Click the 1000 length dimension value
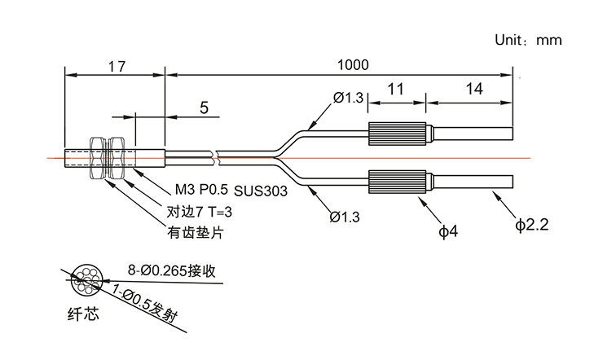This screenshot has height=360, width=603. point(354,64)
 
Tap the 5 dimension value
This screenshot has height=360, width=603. point(204,108)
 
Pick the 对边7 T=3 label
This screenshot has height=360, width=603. point(200,212)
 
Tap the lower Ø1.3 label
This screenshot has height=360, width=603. point(346,217)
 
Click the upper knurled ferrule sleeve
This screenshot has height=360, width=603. point(398,132)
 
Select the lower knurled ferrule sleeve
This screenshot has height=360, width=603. point(398,181)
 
